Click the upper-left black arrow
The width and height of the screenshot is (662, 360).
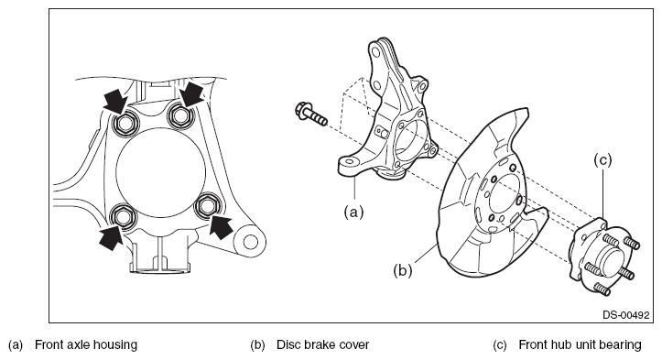tap(114, 101)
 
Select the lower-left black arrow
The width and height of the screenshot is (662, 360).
tap(112, 237)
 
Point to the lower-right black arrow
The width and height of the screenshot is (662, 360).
tap(221, 226)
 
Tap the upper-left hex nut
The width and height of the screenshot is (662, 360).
tap(124, 124)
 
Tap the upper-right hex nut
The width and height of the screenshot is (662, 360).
tap(180, 115)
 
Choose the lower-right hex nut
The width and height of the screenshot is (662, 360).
tap(206, 207)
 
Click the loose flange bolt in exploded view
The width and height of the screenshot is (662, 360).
tap(311, 115)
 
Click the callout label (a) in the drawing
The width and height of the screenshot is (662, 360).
tap(353, 212)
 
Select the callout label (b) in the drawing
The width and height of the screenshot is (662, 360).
tap(402, 269)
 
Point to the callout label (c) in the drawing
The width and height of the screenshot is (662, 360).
tap(602, 159)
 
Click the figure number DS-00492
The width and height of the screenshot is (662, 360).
tap(625, 315)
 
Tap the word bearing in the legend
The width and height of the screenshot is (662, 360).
tap(621, 345)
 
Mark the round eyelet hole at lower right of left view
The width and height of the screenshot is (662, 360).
tap(250, 242)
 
